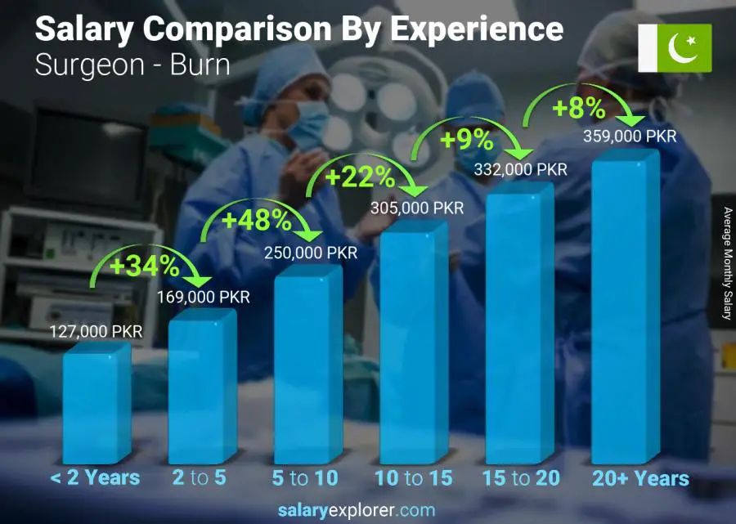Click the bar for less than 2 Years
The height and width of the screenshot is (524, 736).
(x=96, y=405)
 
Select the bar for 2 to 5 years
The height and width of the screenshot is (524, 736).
(x=201, y=388)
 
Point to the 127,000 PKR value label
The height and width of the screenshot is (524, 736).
(x=96, y=331)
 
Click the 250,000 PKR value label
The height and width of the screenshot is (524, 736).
(x=311, y=253)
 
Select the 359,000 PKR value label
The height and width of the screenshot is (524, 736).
(x=630, y=137)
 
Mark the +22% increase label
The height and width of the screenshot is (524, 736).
(x=360, y=177)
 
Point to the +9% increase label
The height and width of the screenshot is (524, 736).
(x=466, y=140)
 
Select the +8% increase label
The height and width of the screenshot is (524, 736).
(x=577, y=107)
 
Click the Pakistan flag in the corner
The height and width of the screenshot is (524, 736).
(x=675, y=47)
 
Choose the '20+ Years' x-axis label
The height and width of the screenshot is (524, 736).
(x=640, y=478)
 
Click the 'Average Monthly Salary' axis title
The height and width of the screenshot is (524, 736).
(x=726, y=263)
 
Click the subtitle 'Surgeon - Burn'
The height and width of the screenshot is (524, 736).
(x=132, y=65)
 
